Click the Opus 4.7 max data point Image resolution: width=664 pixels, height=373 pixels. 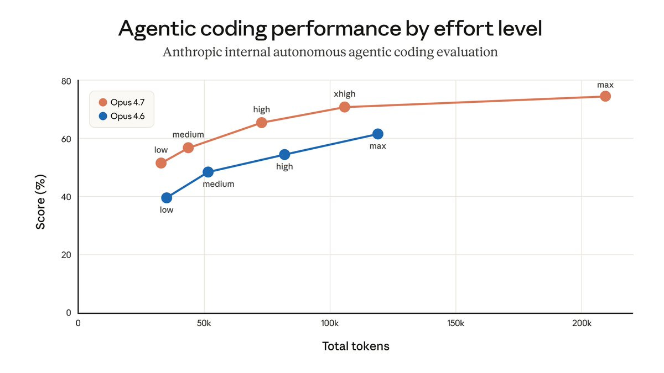pos(605,96)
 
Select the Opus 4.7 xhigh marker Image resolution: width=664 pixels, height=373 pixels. pos(344,107)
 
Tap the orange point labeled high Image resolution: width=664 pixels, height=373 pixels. pos(262,122)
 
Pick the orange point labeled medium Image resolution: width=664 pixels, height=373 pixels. pos(188,148)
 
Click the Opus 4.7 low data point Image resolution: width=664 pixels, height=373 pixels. pos(161,163)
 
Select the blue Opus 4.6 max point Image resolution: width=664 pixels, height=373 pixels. pos(378,134)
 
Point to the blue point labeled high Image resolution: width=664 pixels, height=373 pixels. pos(284,155)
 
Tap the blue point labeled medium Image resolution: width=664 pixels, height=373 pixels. pos(208,172)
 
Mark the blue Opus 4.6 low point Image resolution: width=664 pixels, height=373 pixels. pos(167,198)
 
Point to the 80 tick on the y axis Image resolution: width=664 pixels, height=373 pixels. pos(66,81)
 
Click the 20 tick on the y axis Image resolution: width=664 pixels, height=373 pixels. pos(66,255)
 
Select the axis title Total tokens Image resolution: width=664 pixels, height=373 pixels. pos(355,346)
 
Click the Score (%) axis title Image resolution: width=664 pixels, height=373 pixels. pos(41,202)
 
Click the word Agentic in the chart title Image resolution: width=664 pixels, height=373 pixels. pos(156,29)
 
